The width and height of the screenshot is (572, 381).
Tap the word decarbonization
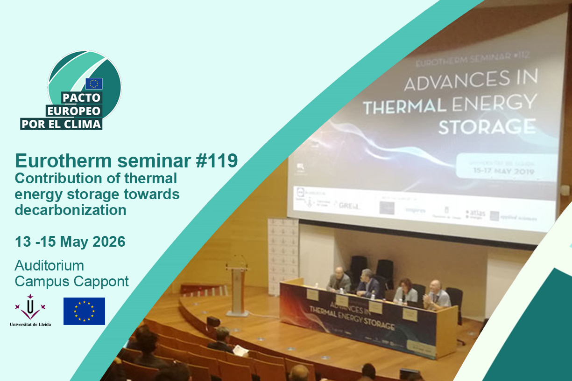71,210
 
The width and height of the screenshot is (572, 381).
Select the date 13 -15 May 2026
70,242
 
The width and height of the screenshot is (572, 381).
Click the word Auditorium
49,266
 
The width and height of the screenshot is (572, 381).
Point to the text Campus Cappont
71,282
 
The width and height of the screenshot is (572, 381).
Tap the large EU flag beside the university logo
84,311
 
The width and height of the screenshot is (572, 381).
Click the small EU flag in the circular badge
94,84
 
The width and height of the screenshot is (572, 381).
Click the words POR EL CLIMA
61,124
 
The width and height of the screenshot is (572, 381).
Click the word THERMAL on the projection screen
404,106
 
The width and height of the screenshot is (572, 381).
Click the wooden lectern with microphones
237,289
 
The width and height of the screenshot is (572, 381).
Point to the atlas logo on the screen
476,214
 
